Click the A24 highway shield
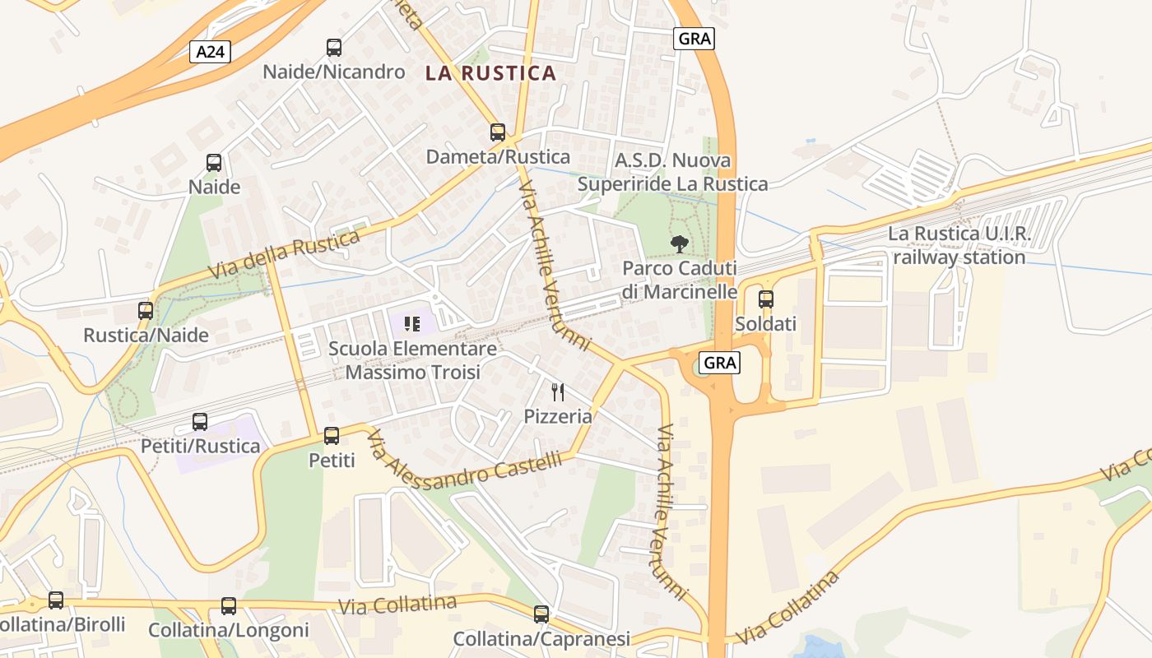[211, 52]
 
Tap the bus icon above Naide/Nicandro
[333, 48]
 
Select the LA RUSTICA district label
[490, 73]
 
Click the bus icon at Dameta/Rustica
[497, 132]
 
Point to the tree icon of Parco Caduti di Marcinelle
[679, 243]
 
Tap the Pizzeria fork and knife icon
[558, 392]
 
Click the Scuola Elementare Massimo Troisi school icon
[412, 324]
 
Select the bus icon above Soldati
[765, 299]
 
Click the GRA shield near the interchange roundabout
[720, 362]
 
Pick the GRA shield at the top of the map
[694, 38]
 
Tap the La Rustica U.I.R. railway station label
[959, 245]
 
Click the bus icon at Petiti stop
[332, 436]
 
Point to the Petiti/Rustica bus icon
[200, 422]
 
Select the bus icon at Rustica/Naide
[146, 311]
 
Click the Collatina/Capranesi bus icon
[541, 614]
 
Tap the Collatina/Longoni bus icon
[228, 606]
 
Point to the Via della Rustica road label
[284, 254]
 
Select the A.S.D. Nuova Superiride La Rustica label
[672, 172]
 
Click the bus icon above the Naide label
[214, 163]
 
